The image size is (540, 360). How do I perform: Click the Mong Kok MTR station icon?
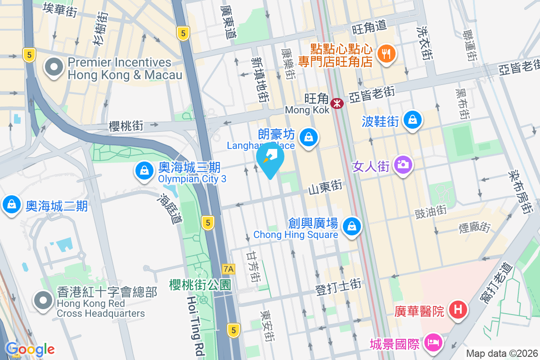[x=337, y=103]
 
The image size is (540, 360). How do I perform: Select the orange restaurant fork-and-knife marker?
[x=386, y=54]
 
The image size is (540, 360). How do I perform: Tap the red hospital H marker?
[x=458, y=310]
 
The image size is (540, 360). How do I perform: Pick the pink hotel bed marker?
[x=433, y=343]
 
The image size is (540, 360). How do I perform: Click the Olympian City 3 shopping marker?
[x=144, y=171]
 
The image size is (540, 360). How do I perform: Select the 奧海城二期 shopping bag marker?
[x=12, y=204]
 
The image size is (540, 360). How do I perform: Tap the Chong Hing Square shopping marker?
[x=351, y=226]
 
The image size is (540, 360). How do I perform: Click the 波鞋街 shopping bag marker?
[x=412, y=120]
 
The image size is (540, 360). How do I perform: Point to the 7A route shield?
[x=229, y=269]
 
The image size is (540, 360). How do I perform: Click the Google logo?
[x=30, y=349]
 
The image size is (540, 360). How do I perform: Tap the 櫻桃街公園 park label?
[x=200, y=284]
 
